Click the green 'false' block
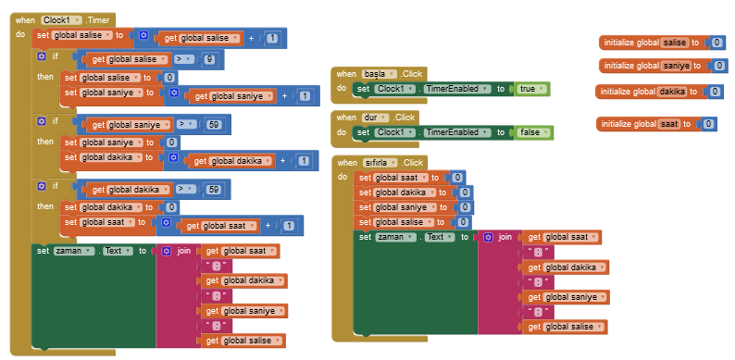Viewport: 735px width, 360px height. [x=532, y=132]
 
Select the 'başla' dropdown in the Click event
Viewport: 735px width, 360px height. [x=380, y=73]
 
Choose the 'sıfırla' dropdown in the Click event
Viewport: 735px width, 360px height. [x=382, y=162]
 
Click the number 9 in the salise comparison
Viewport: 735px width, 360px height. [x=210, y=60]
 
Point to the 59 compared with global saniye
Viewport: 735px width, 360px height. [x=214, y=124]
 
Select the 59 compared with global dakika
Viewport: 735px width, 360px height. [x=214, y=189]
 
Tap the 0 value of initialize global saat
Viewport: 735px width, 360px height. [x=708, y=124]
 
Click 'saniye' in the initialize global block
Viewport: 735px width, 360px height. [x=676, y=66]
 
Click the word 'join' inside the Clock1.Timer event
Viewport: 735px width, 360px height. [x=184, y=251]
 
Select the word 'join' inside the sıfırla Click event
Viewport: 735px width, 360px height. [x=505, y=237]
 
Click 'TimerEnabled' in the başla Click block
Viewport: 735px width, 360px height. [x=456, y=89]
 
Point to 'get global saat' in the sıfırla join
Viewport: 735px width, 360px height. [x=564, y=238]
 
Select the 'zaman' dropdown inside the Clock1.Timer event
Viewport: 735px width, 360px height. [x=75, y=251]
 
